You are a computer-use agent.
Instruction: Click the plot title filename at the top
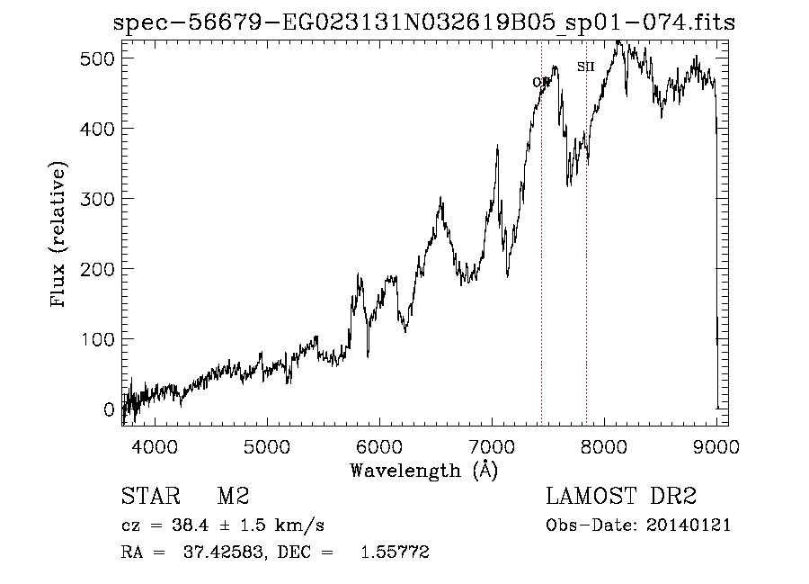(x=424, y=22)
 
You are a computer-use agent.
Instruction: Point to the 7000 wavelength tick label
(x=492, y=446)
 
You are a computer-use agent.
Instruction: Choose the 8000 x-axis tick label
(x=604, y=446)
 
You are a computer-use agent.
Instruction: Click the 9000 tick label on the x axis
(x=716, y=446)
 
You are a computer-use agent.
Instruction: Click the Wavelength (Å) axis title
(x=423, y=470)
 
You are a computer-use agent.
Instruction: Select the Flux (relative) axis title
(x=60, y=236)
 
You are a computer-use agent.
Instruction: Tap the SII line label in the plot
(x=585, y=67)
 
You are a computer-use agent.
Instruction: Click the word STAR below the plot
(x=149, y=497)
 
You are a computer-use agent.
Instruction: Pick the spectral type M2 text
(x=233, y=497)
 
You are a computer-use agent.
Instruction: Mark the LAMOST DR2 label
(x=621, y=497)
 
